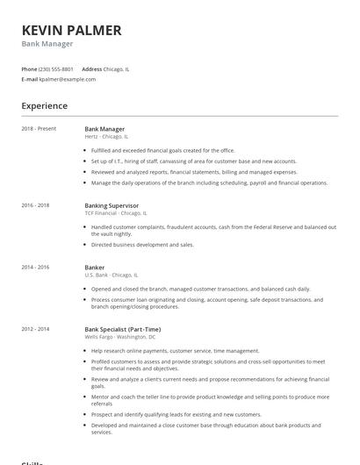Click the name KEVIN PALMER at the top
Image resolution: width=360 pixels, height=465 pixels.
72,30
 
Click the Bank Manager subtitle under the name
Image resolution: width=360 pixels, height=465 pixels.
47,44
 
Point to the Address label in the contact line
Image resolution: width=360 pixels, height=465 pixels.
91,68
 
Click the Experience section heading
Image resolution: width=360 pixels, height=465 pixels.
45,106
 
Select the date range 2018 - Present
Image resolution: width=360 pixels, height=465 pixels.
39,129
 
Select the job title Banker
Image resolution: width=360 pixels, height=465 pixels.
94,267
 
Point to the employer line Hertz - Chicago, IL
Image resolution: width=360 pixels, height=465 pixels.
106,137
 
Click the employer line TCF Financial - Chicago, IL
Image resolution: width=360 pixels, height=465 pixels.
116,213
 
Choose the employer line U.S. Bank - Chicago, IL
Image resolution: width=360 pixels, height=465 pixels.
112,275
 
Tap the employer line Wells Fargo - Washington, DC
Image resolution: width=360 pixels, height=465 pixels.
120,337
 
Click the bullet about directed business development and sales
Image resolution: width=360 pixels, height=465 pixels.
142,245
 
